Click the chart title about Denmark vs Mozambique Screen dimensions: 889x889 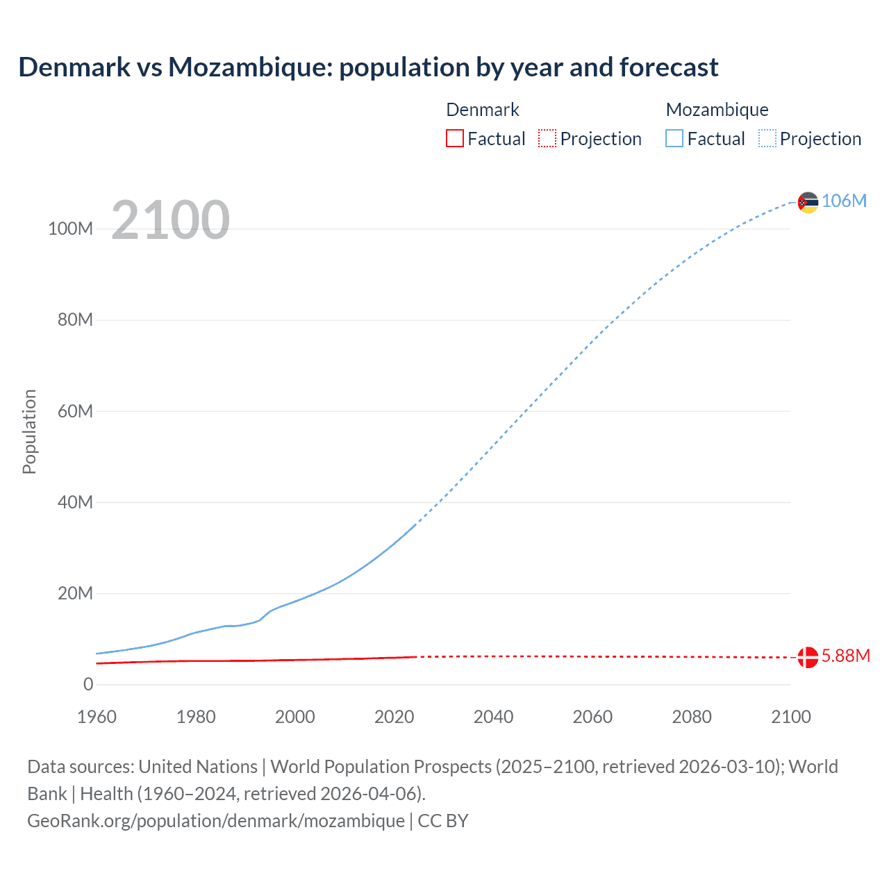(x=368, y=67)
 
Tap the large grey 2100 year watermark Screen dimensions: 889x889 (x=170, y=219)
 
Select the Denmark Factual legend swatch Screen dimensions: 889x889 (x=454, y=138)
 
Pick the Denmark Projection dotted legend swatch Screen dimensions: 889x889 (x=547, y=138)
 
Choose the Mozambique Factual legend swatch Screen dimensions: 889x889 (x=674, y=138)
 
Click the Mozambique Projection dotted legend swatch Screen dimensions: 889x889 (x=767, y=138)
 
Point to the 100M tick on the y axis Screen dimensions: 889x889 (x=70, y=229)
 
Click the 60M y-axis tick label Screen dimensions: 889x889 (x=75, y=411)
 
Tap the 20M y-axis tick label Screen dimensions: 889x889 (x=75, y=593)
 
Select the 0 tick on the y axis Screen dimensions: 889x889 (x=88, y=684)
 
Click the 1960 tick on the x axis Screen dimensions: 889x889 (x=97, y=717)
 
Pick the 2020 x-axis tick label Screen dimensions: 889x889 (x=394, y=717)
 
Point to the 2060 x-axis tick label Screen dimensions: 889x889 (x=592, y=717)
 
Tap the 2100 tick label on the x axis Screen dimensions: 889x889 (x=790, y=717)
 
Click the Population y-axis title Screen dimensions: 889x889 (x=29, y=431)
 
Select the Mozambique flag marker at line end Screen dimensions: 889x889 (x=808, y=202)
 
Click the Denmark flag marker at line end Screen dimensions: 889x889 (x=808, y=657)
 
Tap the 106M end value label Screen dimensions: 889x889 (x=844, y=201)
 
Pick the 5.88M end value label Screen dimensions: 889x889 (x=845, y=656)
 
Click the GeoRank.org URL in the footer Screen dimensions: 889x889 (x=215, y=820)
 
